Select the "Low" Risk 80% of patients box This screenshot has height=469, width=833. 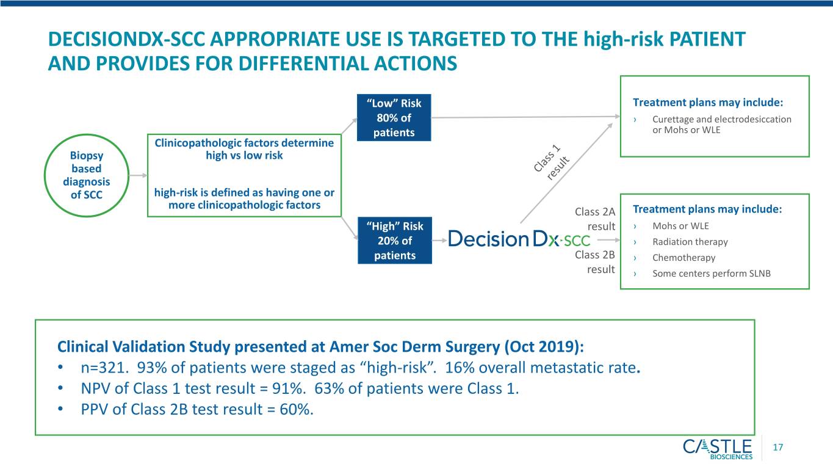[x=394, y=118]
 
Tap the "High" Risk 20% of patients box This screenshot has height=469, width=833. [x=395, y=241]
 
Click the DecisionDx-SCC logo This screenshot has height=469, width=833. [x=519, y=239]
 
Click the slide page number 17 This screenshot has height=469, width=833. [x=778, y=448]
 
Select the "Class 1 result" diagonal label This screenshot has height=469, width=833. [x=552, y=162]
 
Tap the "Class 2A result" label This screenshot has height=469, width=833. [x=595, y=219]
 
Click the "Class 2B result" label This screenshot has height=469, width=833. [x=595, y=261]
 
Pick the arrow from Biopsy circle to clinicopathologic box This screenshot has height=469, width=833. [x=138, y=175]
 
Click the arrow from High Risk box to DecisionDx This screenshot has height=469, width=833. [x=439, y=241]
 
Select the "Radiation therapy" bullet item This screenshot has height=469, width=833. [x=690, y=242]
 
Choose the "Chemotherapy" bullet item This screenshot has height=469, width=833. [x=683, y=258]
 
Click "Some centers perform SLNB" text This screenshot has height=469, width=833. [x=712, y=274]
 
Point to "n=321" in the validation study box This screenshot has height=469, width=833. [x=105, y=368]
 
